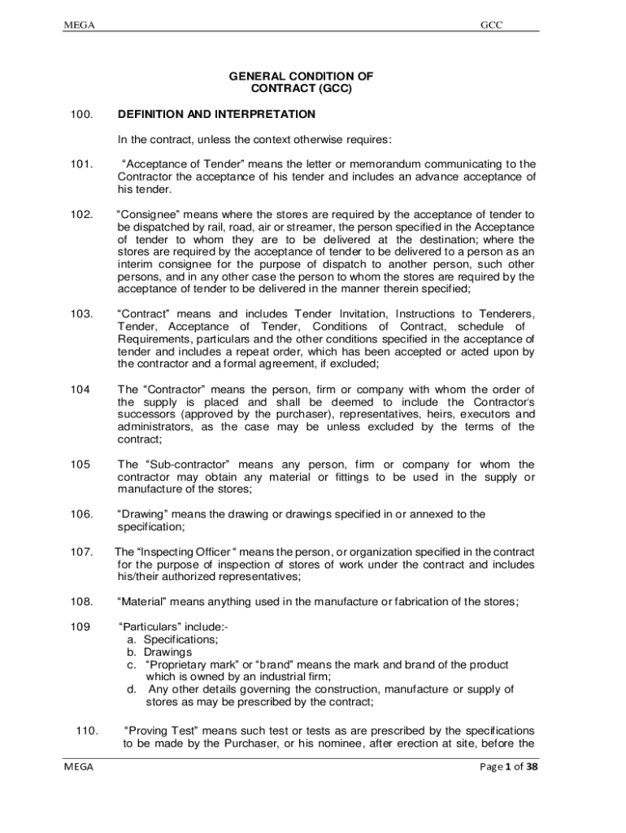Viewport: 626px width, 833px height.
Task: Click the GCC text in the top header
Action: (x=492, y=25)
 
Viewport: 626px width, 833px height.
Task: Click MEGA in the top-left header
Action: (x=79, y=25)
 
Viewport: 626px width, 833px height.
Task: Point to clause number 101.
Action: (x=80, y=164)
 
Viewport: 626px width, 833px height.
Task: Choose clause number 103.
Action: (x=80, y=314)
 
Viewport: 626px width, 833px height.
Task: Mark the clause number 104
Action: (x=78, y=389)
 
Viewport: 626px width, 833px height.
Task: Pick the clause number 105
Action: (x=78, y=464)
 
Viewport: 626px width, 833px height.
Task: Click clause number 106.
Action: (x=80, y=514)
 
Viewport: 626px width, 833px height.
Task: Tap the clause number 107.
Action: (x=80, y=552)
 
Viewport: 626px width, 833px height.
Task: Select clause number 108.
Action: (x=80, y=602)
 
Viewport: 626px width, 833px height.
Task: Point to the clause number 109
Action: (x=78, y=627)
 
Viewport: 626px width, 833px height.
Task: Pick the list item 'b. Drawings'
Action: (x=159, y=652)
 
